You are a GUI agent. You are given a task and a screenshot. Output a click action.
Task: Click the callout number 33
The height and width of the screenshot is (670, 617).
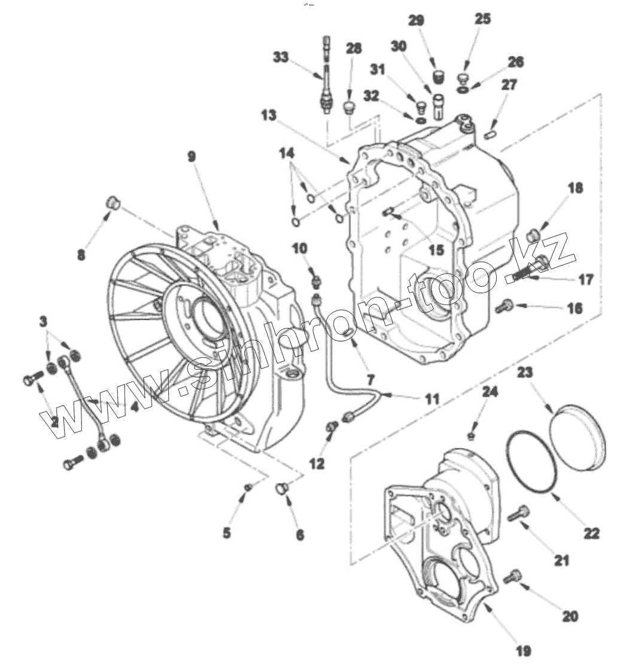[281, 58]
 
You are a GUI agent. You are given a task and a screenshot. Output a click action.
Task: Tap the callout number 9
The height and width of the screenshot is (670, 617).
[191, 157]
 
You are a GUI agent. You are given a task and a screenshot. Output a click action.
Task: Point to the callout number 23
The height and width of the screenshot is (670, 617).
[525, 373]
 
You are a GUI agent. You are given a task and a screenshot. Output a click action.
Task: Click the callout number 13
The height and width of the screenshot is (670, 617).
[269, 116]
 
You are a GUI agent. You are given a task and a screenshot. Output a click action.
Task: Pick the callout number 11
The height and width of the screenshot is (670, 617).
[431, 398]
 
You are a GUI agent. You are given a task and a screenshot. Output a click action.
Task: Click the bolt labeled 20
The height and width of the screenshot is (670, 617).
[512, 577]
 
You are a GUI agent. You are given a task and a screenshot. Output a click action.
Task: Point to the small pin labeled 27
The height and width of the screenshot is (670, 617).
[489, 135]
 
